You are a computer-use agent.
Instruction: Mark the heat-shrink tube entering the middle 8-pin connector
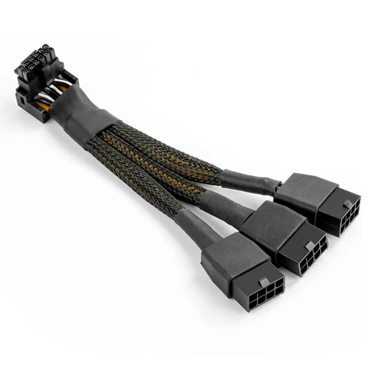(224, 205)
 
